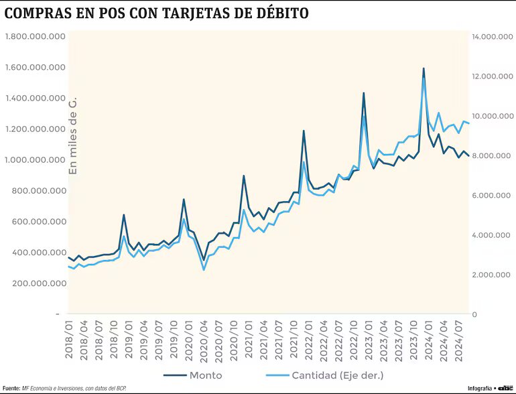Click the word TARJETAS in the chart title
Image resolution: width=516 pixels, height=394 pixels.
[x=188, y=13]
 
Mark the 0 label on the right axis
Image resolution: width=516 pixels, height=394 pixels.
[x=474, y=314]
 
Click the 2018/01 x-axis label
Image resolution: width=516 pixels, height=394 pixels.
[x=69, y=340]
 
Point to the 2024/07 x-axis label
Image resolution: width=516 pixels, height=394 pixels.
[x=460, y=340]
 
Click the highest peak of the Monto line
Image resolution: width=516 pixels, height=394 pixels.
[x=424, y=68]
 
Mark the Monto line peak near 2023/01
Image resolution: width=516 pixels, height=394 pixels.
[x=364, y=93]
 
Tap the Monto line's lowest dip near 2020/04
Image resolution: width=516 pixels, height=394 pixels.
[x=204, y=260]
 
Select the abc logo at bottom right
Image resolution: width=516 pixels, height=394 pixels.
[x=505, y=388]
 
